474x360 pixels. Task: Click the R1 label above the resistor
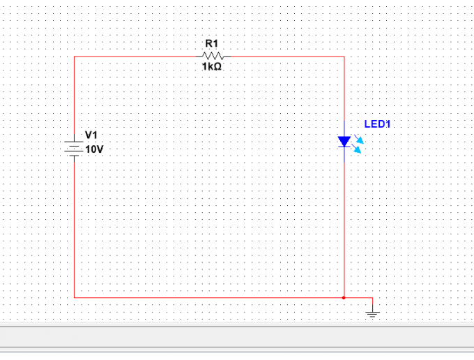coord(212,43)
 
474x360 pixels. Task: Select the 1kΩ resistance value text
coord(212,66)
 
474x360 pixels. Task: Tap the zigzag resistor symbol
coord(213,56)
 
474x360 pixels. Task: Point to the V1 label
coord(91,135)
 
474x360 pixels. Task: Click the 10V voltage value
coord(94,149)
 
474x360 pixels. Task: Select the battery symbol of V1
coord(74,149)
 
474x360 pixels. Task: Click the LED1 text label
coord(377,124)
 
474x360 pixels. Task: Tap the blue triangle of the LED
coord(344,141)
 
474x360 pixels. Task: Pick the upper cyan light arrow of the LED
coord(359,139)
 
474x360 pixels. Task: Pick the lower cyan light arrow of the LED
coord(356,149)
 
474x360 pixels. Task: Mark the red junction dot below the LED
coord(344,298)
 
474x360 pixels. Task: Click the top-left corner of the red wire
coord(74,57)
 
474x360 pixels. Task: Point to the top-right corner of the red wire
coord(344,57)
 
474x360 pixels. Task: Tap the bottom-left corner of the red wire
coord(74,298)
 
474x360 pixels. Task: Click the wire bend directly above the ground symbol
coord(372,298)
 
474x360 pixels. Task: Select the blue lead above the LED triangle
coord(344,128)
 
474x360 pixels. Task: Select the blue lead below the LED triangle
coord(344,154)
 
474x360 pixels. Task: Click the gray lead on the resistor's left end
coord(199,57)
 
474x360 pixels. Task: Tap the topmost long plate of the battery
coord(74,142)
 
